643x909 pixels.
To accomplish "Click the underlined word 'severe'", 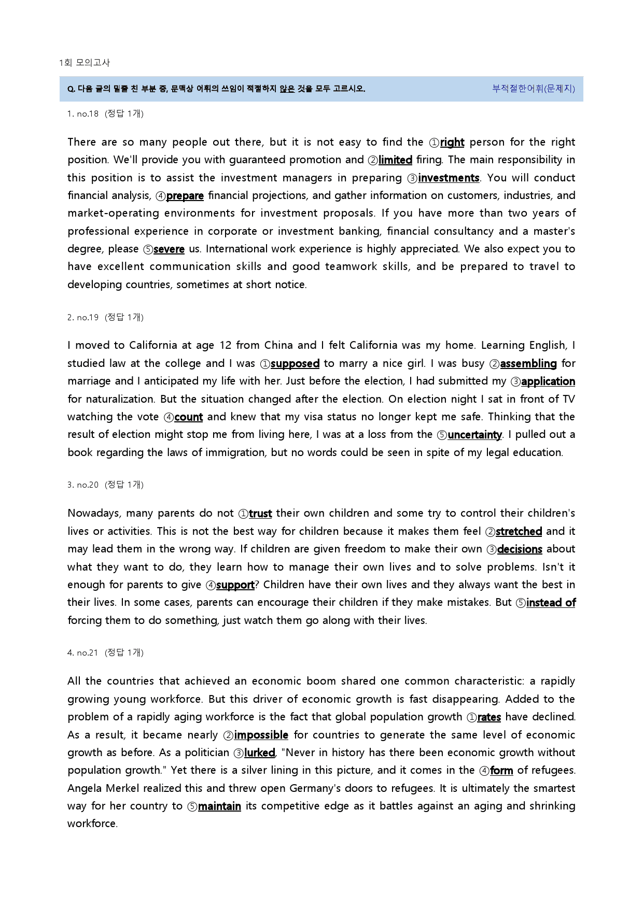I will (169, 249).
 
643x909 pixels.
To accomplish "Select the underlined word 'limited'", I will (395, 160).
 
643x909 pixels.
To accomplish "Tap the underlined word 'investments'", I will (449, 178).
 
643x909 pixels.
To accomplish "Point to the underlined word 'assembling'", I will (528, 364).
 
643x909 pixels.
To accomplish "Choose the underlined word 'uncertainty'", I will (474, 435).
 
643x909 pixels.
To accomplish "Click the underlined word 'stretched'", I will (519, 532).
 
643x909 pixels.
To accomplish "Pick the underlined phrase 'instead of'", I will (551, 603).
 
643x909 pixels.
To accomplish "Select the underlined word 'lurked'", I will (259, 753).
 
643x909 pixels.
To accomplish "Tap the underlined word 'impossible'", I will (261, 735).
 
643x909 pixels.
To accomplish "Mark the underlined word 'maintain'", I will (219, 806).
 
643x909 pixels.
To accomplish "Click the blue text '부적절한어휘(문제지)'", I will (533, 89).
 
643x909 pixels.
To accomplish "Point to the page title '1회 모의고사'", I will (85, 63).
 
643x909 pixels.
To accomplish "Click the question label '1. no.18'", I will (83, 114).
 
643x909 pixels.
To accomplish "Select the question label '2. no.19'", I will (83, 318).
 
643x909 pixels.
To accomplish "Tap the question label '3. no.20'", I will (83, 485).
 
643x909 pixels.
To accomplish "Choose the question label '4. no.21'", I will (83, 653).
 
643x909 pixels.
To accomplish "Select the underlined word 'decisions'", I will (520, 549).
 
